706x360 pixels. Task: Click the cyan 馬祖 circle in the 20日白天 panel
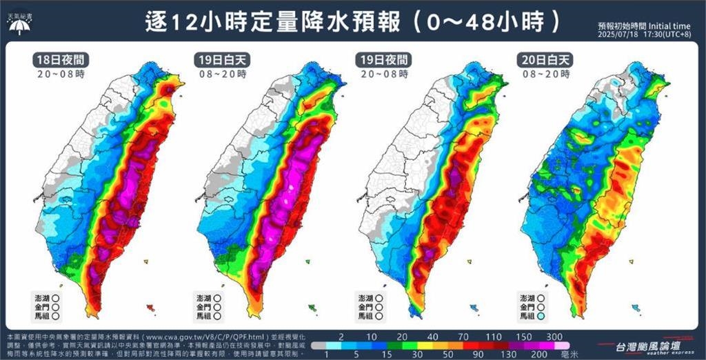click(x=542, y=315)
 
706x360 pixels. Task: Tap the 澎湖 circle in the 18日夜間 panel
click(x=56, y=297)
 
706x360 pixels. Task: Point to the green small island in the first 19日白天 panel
click(x=312, y=307)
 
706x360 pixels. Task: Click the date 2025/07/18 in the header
click(x=617, y=34)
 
